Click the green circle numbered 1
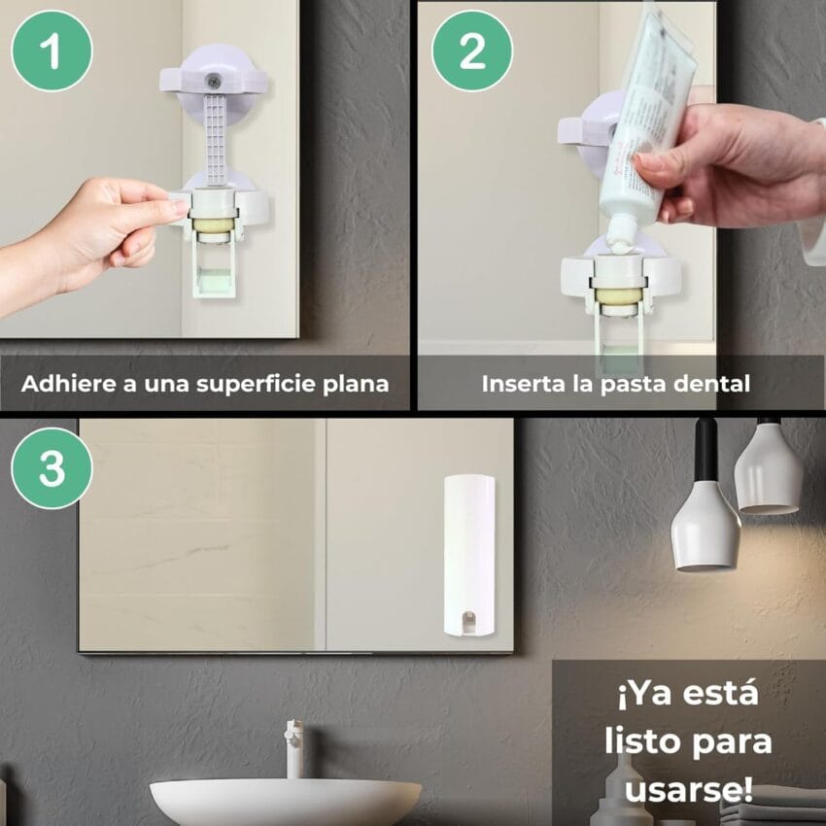52,51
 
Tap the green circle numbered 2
472,51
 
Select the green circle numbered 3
52,467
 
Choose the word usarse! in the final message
689,789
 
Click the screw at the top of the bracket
213,82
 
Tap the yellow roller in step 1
214,224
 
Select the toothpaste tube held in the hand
649,126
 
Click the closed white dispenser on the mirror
469,556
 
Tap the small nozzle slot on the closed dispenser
468,622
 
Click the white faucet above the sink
293,748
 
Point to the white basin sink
286,803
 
